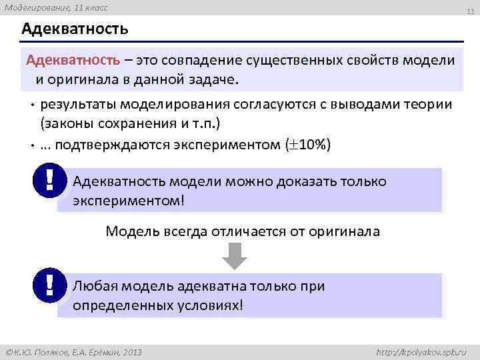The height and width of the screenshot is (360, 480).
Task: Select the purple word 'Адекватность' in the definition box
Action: click(x=73, y=61)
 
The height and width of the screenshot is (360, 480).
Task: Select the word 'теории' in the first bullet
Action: click(x=429, y=105)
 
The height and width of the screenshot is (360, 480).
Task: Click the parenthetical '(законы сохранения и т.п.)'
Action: click(x=130, y=124)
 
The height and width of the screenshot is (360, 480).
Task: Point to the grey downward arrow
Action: click(x=234, y=255)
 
